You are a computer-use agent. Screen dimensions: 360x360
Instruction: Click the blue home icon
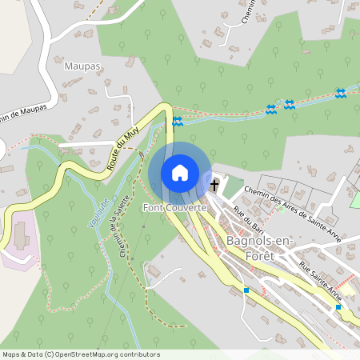click(180, 172)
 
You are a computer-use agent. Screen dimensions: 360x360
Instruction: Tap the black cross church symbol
click(214, 186)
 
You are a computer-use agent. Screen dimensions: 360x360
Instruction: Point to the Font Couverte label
click(174, 207)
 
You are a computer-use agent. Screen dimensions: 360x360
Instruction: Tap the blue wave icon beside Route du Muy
click(177, 122)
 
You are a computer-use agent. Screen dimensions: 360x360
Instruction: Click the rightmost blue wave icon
click(341, 93)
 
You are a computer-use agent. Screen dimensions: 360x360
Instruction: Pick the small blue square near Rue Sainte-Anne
click(338, 306)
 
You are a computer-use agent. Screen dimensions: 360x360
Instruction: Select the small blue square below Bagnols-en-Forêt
click(246, 290)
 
